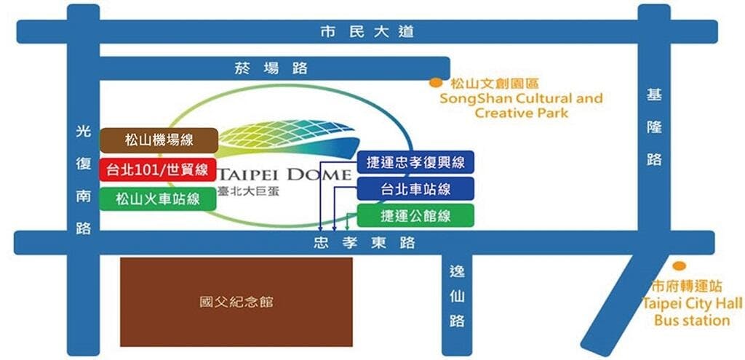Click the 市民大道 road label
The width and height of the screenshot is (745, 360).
[x=367, y=32]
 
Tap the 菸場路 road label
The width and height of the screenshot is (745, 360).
[x=271, y=68]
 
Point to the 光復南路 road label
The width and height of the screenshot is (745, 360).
[x=84, y=180]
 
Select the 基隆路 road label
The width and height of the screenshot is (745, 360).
[x=654, y=127]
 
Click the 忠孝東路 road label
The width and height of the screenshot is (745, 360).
[x=364, y=243]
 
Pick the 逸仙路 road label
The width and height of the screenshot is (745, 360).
[x=457, y=296]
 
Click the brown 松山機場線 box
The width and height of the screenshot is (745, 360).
[x=159, y=140]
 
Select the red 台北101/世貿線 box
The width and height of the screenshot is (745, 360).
[x=158, y=169]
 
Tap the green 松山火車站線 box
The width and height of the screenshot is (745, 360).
[x=158, y=199]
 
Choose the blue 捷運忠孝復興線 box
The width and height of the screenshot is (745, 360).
[x=415, y=162]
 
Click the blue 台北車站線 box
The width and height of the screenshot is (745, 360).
[x=415, y=189]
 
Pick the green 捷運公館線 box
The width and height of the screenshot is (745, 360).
[x=415, y=215]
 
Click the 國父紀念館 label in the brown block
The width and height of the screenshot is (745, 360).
[x=236, y=302]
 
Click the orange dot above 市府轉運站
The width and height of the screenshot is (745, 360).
[x=679, y=266]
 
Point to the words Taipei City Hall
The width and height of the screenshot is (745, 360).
[x=692, y=303]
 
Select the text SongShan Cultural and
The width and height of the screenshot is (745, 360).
[x=521, y=99]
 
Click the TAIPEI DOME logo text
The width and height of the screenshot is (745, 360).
[x=284, y=175]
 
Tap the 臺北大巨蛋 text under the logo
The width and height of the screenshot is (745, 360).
[x=248, y=192]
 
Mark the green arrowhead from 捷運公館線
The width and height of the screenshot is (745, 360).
[x=348, y=227]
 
